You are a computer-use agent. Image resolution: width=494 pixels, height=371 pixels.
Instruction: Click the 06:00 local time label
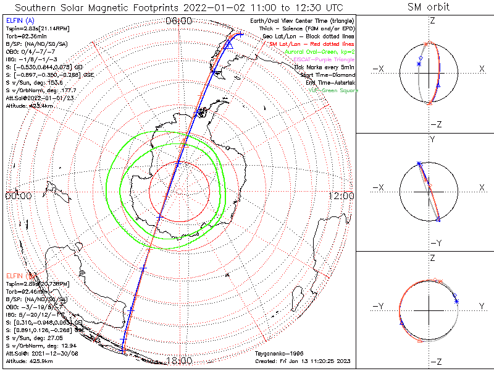178,21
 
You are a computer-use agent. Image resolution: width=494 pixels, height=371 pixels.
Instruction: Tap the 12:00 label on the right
341,195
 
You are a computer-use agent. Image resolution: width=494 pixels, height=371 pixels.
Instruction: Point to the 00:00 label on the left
18,195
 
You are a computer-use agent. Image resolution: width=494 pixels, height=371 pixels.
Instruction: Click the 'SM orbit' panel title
429,7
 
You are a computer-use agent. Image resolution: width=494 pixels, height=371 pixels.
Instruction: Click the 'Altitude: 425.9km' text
30,360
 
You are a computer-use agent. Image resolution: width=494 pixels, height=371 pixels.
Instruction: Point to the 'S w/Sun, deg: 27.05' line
32,338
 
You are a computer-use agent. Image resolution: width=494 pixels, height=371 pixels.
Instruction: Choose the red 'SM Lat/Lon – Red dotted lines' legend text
311,44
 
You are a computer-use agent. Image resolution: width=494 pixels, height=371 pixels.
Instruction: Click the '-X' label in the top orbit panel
380,69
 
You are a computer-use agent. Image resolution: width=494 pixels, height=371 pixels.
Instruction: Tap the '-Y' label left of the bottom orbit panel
380,306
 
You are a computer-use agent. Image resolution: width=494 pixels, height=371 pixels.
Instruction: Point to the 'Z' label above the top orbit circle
432,20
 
